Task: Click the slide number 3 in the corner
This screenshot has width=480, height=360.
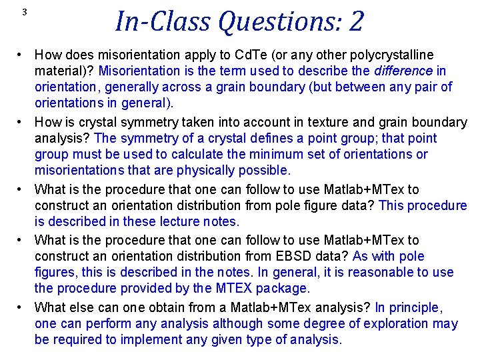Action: [x=24, y=12]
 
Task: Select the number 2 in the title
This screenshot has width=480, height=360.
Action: [x=356, y=21]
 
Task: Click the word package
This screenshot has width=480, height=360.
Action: [x=283, y=289]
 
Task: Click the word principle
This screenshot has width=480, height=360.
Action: [x=413, y=307]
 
